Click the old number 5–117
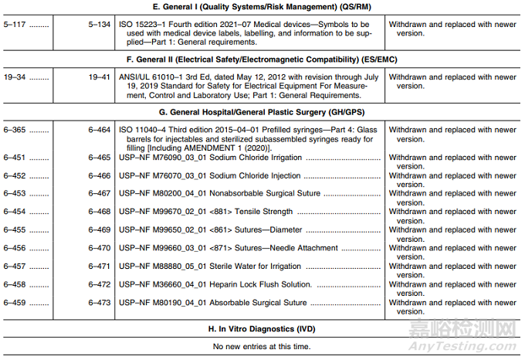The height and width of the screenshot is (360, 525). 15,24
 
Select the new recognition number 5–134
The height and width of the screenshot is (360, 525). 99,24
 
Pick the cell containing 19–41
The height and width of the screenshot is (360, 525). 99,76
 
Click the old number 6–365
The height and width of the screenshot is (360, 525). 15,130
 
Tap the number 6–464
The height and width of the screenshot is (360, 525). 99,130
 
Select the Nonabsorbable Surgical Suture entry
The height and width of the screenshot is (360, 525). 259,194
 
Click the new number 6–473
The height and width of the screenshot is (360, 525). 99,302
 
